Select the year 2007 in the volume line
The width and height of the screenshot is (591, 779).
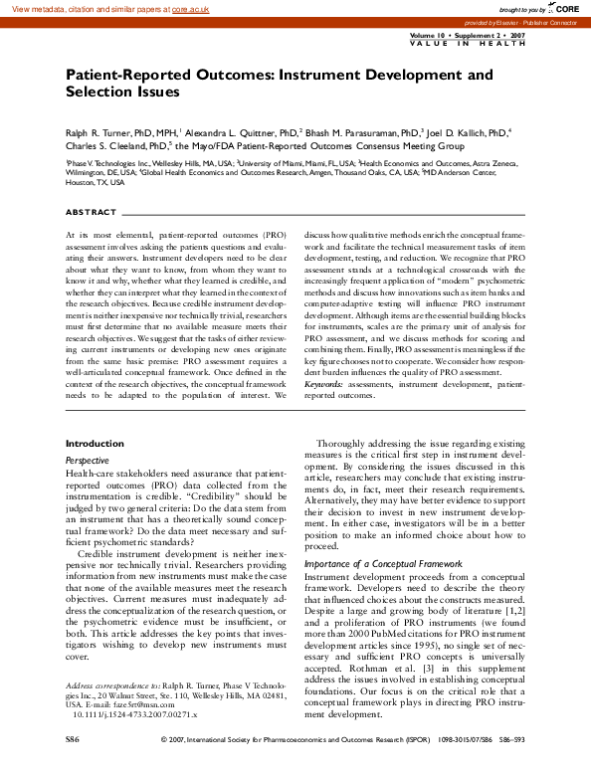coord(523,35)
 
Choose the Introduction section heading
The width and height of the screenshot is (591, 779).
coord(95,443)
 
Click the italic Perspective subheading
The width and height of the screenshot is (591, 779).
coord(88,461)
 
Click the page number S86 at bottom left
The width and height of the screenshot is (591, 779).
coord(72,769)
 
